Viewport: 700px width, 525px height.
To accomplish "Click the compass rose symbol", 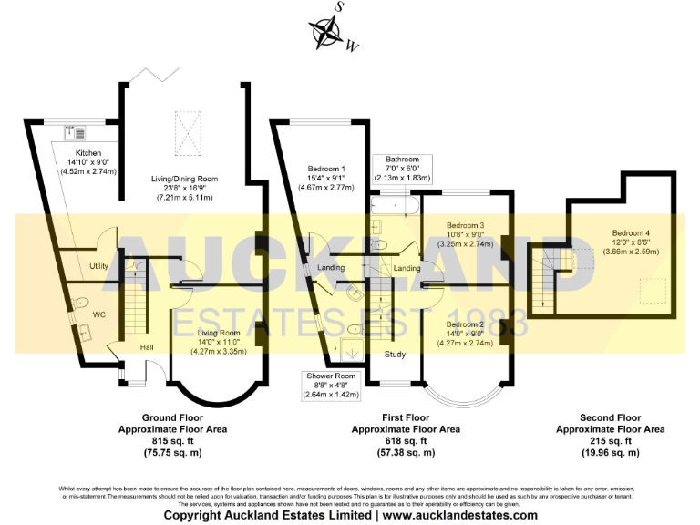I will [x=325, y=32].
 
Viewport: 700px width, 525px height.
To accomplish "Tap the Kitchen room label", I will [x=82, y=152].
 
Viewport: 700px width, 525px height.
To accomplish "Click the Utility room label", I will [x=99, y=266].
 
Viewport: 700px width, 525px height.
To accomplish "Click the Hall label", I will [x=147, y=347].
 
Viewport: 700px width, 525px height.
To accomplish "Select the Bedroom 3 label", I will [x=465, y=225].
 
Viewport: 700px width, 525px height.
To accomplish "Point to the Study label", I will [x=396, y=355].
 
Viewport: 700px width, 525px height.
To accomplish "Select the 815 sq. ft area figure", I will [x=172, y=440].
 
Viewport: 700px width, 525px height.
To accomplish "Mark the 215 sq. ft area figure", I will [x=611, y=440].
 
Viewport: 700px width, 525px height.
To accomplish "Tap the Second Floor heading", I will [x=611, y=417].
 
